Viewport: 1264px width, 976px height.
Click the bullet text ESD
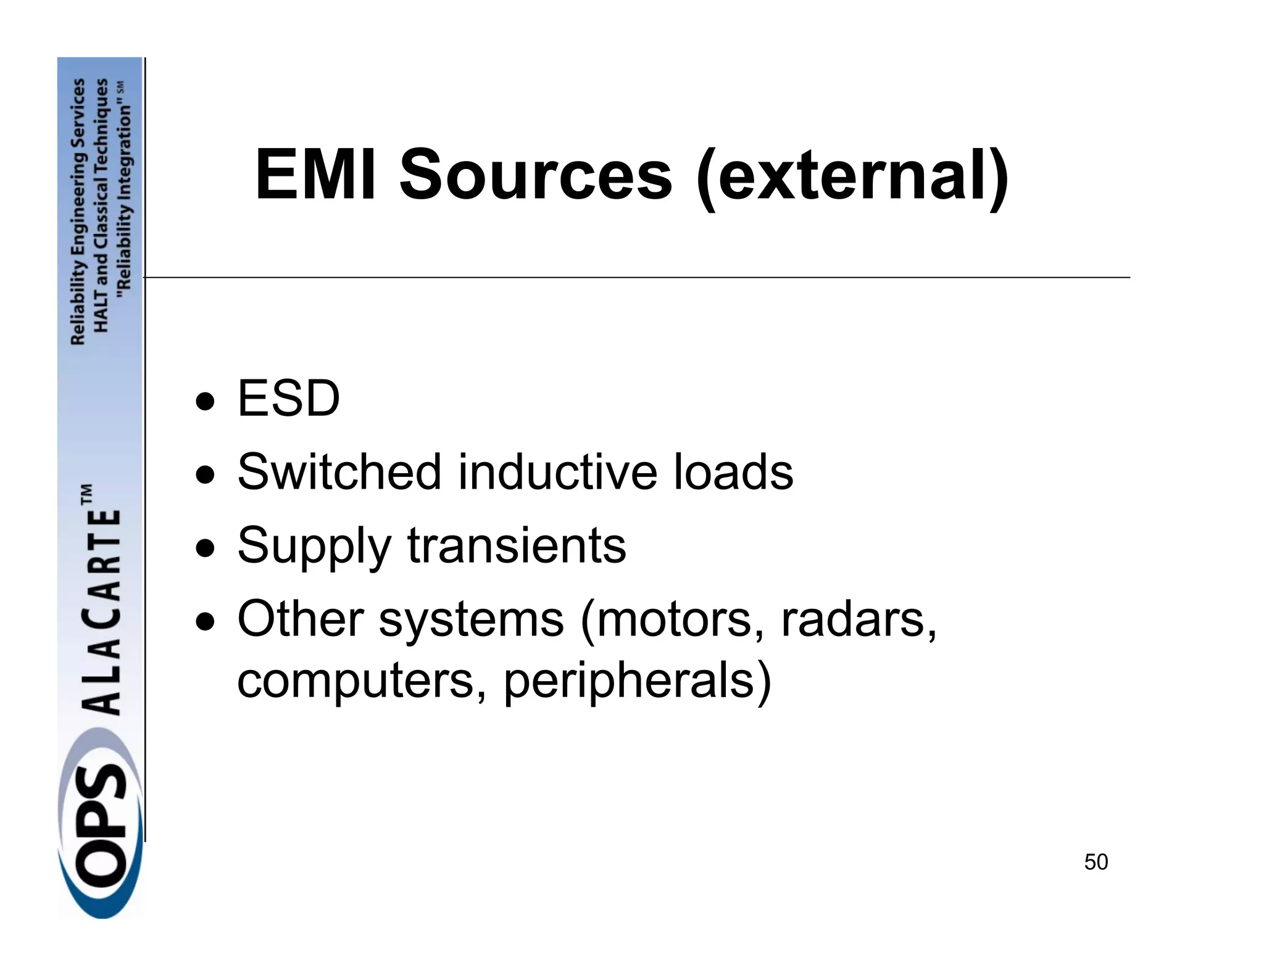click(288, 399)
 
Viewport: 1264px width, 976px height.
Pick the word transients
click(517, 545)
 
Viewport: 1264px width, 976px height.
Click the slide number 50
click(1096, 862)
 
